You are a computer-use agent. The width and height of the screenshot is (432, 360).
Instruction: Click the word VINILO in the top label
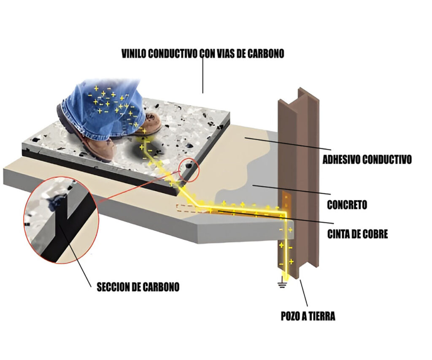pos(133,54)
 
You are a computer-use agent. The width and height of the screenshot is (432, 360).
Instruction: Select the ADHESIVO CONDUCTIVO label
pos(367,160)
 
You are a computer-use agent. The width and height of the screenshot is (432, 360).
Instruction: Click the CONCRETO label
pos(347,205)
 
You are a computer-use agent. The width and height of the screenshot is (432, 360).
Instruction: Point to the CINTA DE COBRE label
pos(357,234)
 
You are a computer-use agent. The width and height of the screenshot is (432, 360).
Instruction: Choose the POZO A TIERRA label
pos(308,316)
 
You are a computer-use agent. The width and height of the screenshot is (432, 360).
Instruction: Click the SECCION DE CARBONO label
pos(138,287)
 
